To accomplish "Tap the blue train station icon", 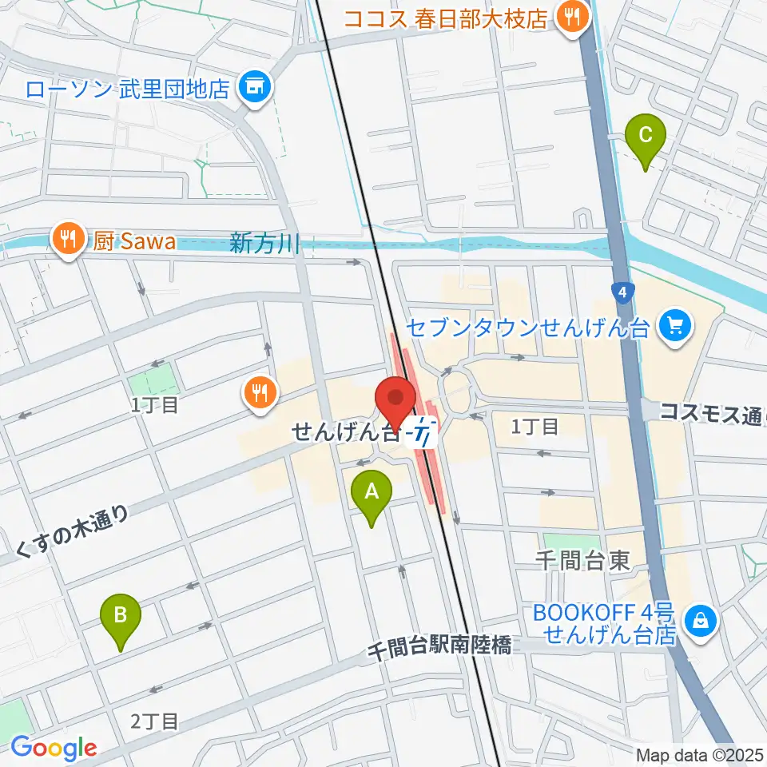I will click(421, 434).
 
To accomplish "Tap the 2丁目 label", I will click(154, 721).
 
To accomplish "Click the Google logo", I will click(54, 747).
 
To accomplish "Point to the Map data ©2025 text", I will click(699, 754).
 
